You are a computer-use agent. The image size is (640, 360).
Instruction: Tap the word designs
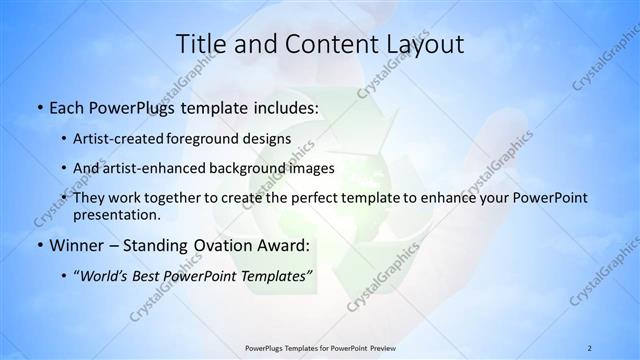point(269,139)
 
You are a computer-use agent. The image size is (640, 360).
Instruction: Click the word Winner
point(75,245)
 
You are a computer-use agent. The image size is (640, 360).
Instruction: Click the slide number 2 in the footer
point(590,347)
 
